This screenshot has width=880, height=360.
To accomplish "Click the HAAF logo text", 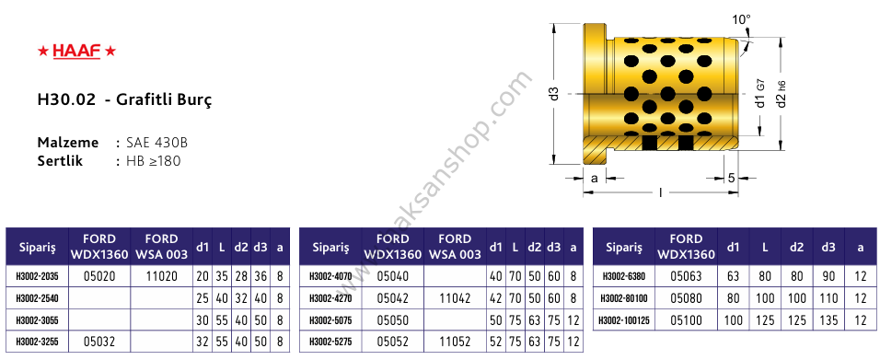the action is click(x=76, y=52).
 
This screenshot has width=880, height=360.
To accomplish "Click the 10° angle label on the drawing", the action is click(x=741, y=19).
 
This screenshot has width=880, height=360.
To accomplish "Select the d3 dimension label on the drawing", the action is click(x=555, y=94).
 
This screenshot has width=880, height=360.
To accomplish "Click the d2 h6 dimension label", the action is click(x=781, y=94).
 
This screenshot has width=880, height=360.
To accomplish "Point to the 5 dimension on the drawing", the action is click(x=731, y=179).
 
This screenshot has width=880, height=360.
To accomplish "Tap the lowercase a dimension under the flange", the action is click(x=595, y=179).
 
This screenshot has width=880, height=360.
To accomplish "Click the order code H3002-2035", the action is click(x=37, y=276).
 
